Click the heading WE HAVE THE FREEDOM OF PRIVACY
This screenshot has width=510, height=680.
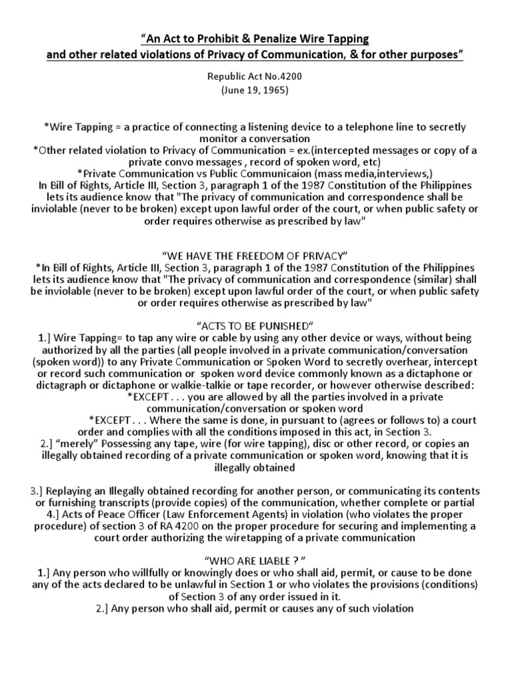(254, 254)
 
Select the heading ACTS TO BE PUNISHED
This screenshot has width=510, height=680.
(255, 327)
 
